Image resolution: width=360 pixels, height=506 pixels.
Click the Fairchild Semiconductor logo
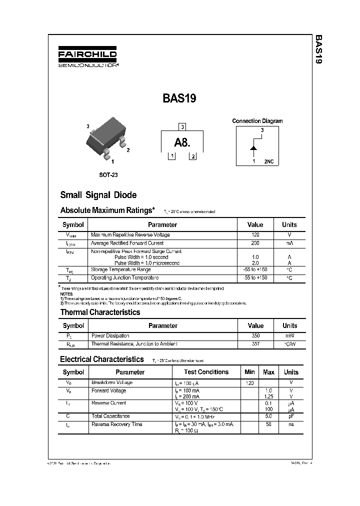pos(87,57)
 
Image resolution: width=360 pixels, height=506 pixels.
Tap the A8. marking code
pos(182,143)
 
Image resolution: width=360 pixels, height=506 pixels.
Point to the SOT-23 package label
pos(108,175)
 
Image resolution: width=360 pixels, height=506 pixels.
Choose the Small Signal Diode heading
pos(98,195)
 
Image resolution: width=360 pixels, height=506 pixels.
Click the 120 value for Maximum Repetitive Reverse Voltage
pos(255,234)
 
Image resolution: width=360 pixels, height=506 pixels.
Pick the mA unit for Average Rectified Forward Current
pos(289,243)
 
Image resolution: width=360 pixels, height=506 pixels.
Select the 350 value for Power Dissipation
pos(255,335)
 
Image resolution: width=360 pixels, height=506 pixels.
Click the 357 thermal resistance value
pos(255,344)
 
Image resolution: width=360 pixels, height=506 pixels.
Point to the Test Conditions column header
pos(206,372)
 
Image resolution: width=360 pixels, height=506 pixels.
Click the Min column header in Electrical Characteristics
pos(249,372)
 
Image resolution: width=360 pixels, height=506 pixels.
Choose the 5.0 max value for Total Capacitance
pos(268,416)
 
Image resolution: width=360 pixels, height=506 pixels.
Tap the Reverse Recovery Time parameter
pos(116,424)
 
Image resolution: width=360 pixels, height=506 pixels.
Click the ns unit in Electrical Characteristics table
pos(291,424)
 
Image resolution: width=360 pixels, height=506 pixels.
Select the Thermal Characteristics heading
pos(100,312)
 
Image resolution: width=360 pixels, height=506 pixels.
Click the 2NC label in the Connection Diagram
pos(269,161)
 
